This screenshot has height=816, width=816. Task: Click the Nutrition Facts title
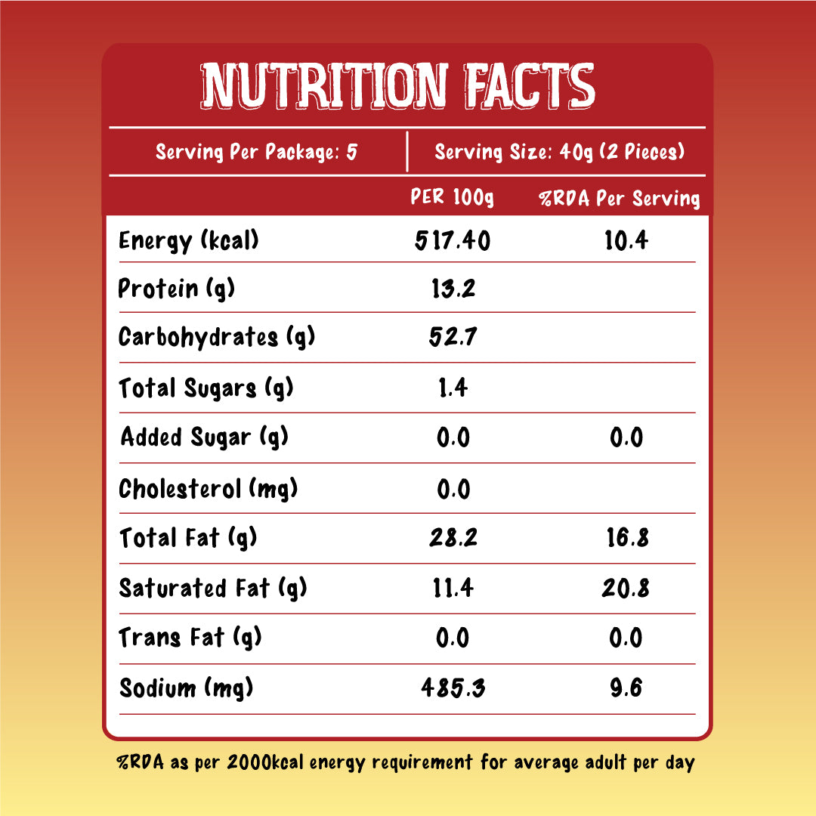(x=398, y=85)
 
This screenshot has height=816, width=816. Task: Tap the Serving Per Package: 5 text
(x=256, y=153)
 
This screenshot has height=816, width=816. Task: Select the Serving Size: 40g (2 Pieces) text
(x=559, y=153)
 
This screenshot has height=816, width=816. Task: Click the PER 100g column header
(x=452, y=198)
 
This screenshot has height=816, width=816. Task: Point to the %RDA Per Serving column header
(x=619, y=199)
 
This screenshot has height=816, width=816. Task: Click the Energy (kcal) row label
(x=189, y=241)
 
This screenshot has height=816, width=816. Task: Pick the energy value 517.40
(x=453, y=241)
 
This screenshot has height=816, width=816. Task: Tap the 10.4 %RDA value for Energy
(x=626, y=241)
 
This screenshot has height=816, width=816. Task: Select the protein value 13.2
(x=453, y=289)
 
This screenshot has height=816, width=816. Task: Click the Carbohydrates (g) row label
(x=216, y=338)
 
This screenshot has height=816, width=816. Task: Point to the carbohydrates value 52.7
(x=453, y=338)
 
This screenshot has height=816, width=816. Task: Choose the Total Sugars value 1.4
(x=453, y=388)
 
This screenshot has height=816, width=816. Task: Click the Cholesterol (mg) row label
(x=209, y=489)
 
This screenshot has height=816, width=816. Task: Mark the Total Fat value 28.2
(x=453, y=539)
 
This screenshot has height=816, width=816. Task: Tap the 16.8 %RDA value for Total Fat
(x=626, y=539)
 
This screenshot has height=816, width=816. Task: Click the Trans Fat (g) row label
(x=190, y=638)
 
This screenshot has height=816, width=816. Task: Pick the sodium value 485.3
(x=453, y=688)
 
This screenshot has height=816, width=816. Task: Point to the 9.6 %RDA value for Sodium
(x=626, y=688)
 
